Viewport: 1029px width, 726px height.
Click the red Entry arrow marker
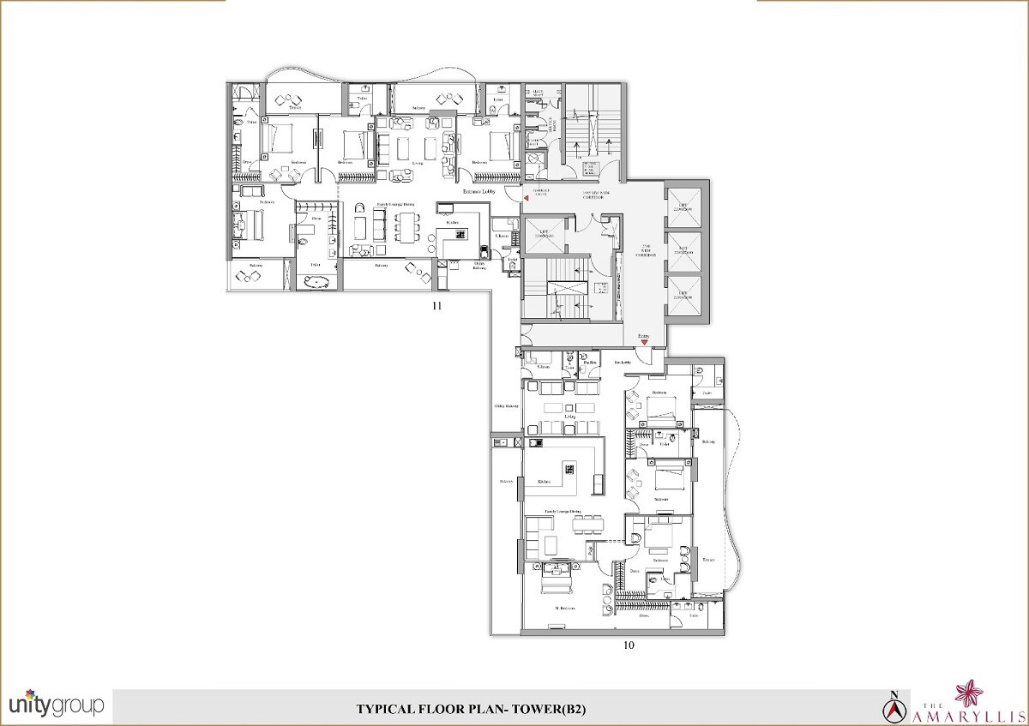[x=642, y=343]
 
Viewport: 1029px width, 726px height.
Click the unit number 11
[x=436, y=305]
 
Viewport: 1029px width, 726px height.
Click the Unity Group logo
[x=56, y=705]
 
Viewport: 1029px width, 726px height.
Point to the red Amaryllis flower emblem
[x=995, y=692]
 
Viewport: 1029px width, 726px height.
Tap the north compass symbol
[x=894, y=705]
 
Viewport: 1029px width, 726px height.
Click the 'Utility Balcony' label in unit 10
[x=506, y=405]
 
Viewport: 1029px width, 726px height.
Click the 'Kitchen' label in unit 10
[x=544, y=482]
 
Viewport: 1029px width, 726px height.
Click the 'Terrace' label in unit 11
[x=295, y=109]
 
